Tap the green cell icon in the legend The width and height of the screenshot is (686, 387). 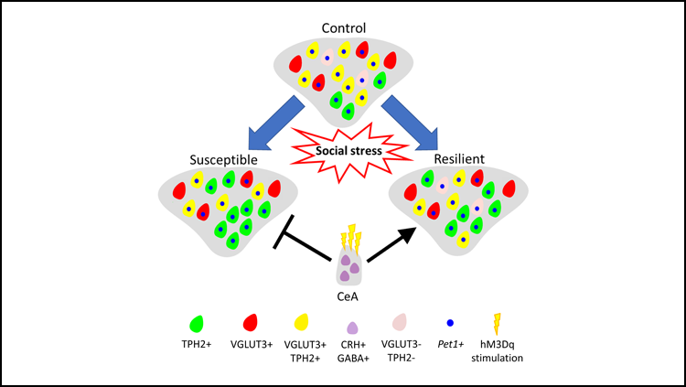pos(196,323)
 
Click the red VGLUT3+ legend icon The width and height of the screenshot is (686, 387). pos(251,323)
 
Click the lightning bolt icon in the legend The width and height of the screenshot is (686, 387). pos(498,323)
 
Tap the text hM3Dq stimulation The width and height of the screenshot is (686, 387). pos(499,352)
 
